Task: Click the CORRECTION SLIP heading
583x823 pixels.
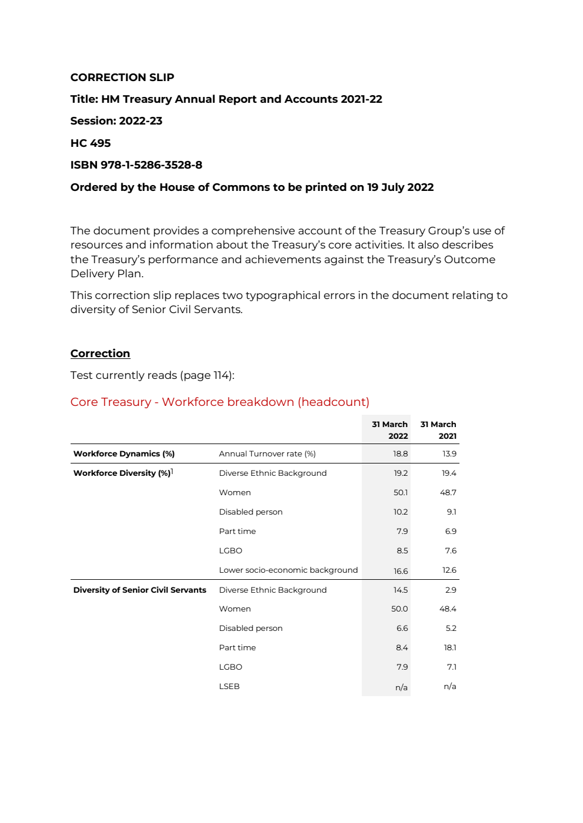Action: coord(122,78)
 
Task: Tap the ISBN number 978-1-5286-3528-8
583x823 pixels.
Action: coord(151,165)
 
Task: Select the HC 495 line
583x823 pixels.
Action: coord(90,143)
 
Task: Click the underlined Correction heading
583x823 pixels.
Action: coord(100,354)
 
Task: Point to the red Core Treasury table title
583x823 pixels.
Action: coord(219,402)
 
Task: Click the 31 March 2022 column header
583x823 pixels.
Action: coord(389,430)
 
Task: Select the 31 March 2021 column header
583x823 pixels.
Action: coord(438,430)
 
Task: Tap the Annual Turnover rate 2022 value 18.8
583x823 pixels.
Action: coord(400,454)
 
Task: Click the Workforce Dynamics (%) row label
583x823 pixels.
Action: coord(124,454)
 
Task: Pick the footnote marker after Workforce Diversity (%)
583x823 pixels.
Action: coord(172,471)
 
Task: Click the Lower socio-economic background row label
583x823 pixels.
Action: coord(288,570)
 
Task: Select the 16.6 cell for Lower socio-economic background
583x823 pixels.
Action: coord(401,571)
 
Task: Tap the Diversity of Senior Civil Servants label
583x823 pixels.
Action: coord(139,590)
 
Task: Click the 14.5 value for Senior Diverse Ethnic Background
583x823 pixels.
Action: coord(401,590)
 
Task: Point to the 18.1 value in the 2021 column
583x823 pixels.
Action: coord(450,648)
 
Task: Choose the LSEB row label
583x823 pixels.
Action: coord(229,687)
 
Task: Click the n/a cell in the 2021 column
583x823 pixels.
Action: coord(450,687)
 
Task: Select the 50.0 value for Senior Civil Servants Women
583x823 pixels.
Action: coord(399,609)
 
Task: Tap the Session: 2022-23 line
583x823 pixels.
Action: coord(116,121)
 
